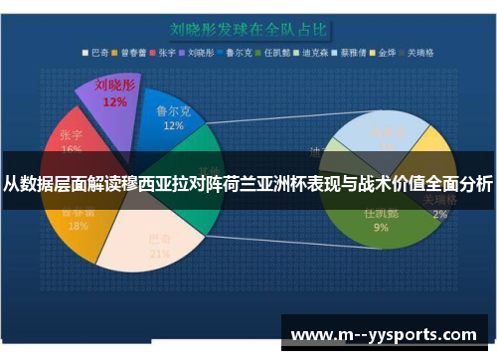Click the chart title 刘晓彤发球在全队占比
point(248,29)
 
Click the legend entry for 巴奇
point(95,54)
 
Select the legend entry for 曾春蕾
point(134,54)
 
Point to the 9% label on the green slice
point(381,227)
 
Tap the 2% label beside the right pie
point(439,214)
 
